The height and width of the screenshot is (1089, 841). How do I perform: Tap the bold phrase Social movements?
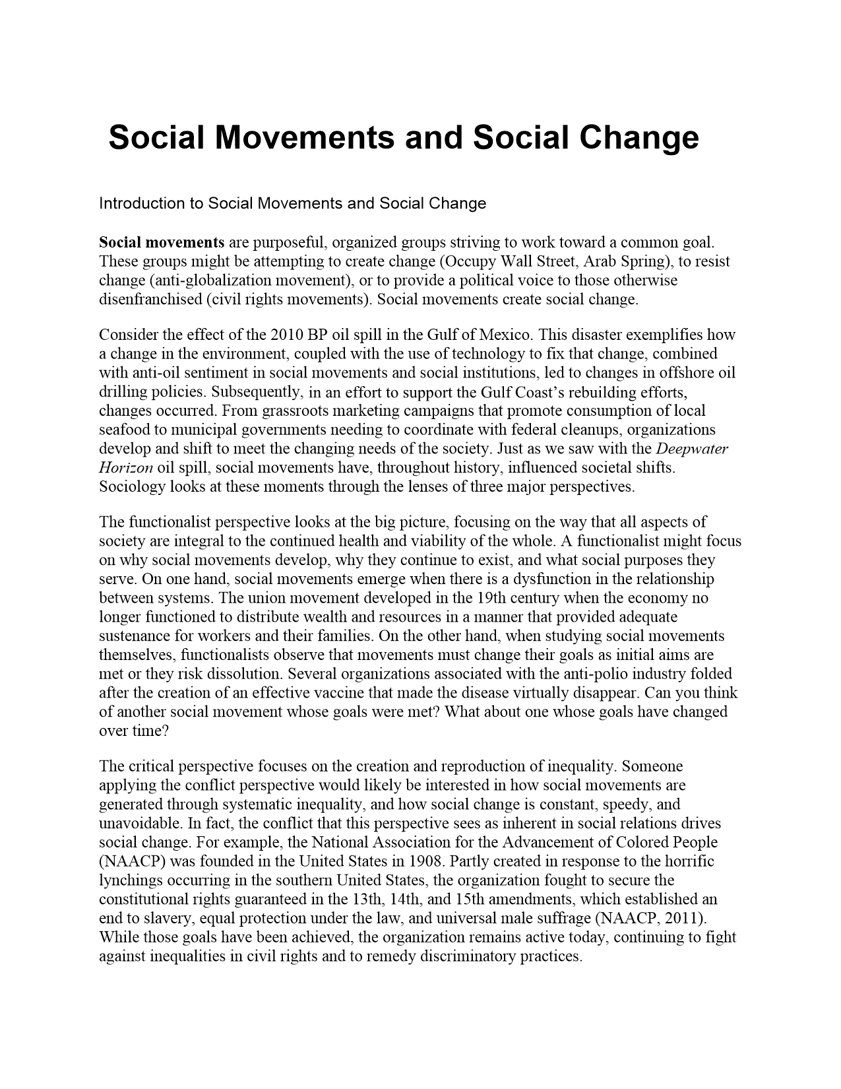pyautogui.click(x=162, y=242)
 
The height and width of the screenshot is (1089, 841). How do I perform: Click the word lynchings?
pyautogui.click(x=131, y=880)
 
